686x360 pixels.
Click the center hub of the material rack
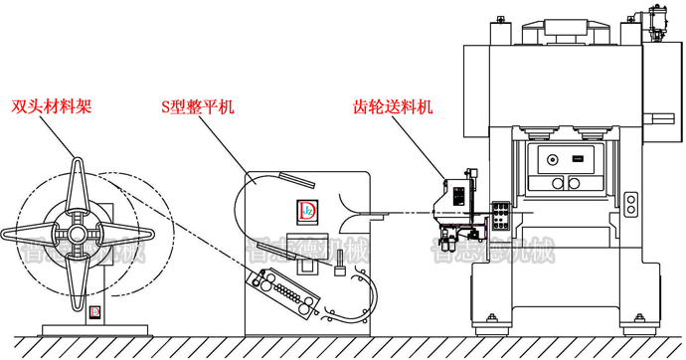point(77,233)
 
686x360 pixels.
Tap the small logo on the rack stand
point(94,311)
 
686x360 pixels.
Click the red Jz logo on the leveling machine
point(305,210)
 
